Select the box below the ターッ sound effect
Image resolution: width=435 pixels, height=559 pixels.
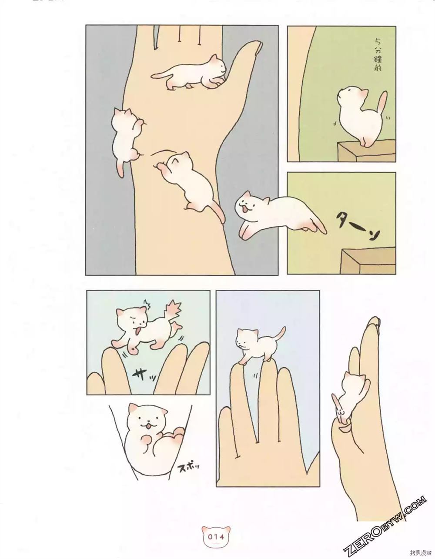(x=368, y=260)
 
